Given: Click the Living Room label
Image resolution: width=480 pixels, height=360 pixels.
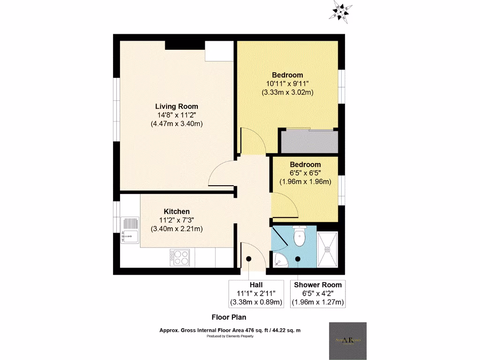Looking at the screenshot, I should (x=177, y=106).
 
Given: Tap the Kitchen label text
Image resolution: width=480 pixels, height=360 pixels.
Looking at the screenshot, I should (x=177, y=211).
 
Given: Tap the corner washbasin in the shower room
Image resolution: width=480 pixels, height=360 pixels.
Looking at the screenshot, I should (x=280, y=260).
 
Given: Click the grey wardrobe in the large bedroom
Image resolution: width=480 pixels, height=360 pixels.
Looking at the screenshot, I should (x=308, y=142).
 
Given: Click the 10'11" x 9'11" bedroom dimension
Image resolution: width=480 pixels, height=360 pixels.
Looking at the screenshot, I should (x=287, y=83).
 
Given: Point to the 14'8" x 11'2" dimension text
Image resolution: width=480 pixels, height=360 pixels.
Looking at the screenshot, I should (x=177, y=115).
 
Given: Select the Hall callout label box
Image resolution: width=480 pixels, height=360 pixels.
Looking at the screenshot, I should (x=256, y=293).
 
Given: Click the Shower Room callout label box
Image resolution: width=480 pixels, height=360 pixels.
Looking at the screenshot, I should (x=318, y=293).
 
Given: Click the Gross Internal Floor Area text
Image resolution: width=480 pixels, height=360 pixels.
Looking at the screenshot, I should (x=230, y=330).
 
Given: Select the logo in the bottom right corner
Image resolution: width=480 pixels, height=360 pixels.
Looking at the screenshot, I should (x=348, y=341).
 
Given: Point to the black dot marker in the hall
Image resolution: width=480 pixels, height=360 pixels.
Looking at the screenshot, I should (x=248, y=258).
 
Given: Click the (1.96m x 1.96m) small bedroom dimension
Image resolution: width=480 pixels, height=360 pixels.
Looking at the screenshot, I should (x=305, y=181).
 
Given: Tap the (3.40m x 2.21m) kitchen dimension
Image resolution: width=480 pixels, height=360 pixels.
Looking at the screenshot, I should (x=177, y=229).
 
